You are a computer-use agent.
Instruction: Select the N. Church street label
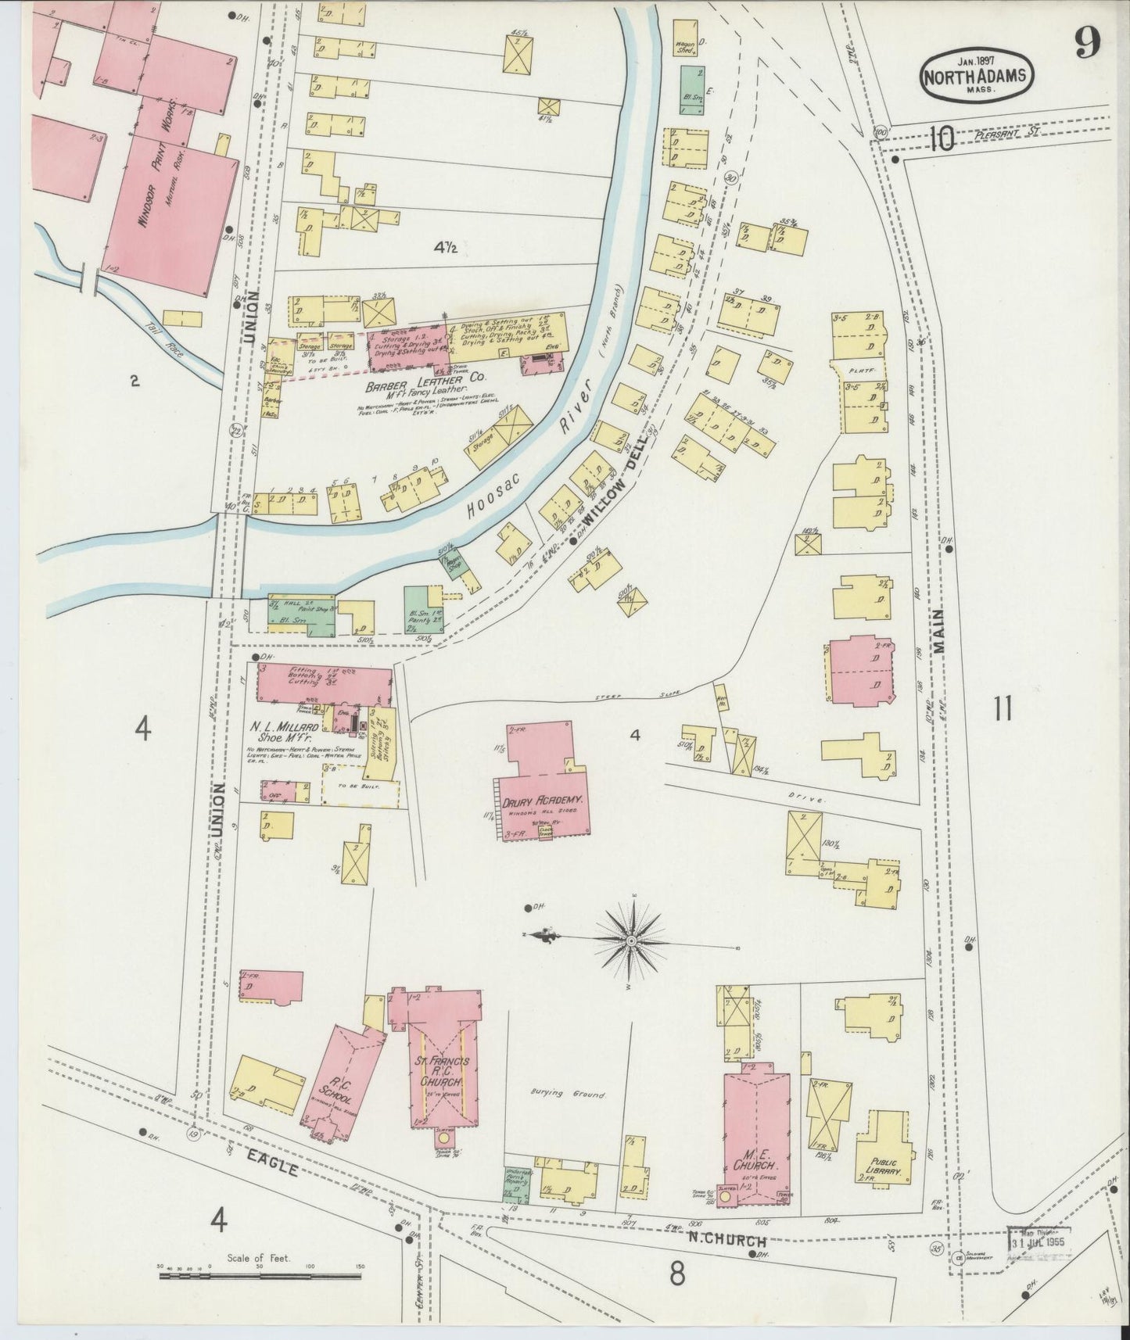[727, 1241]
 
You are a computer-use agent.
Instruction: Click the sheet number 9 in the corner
[1088, 42]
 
